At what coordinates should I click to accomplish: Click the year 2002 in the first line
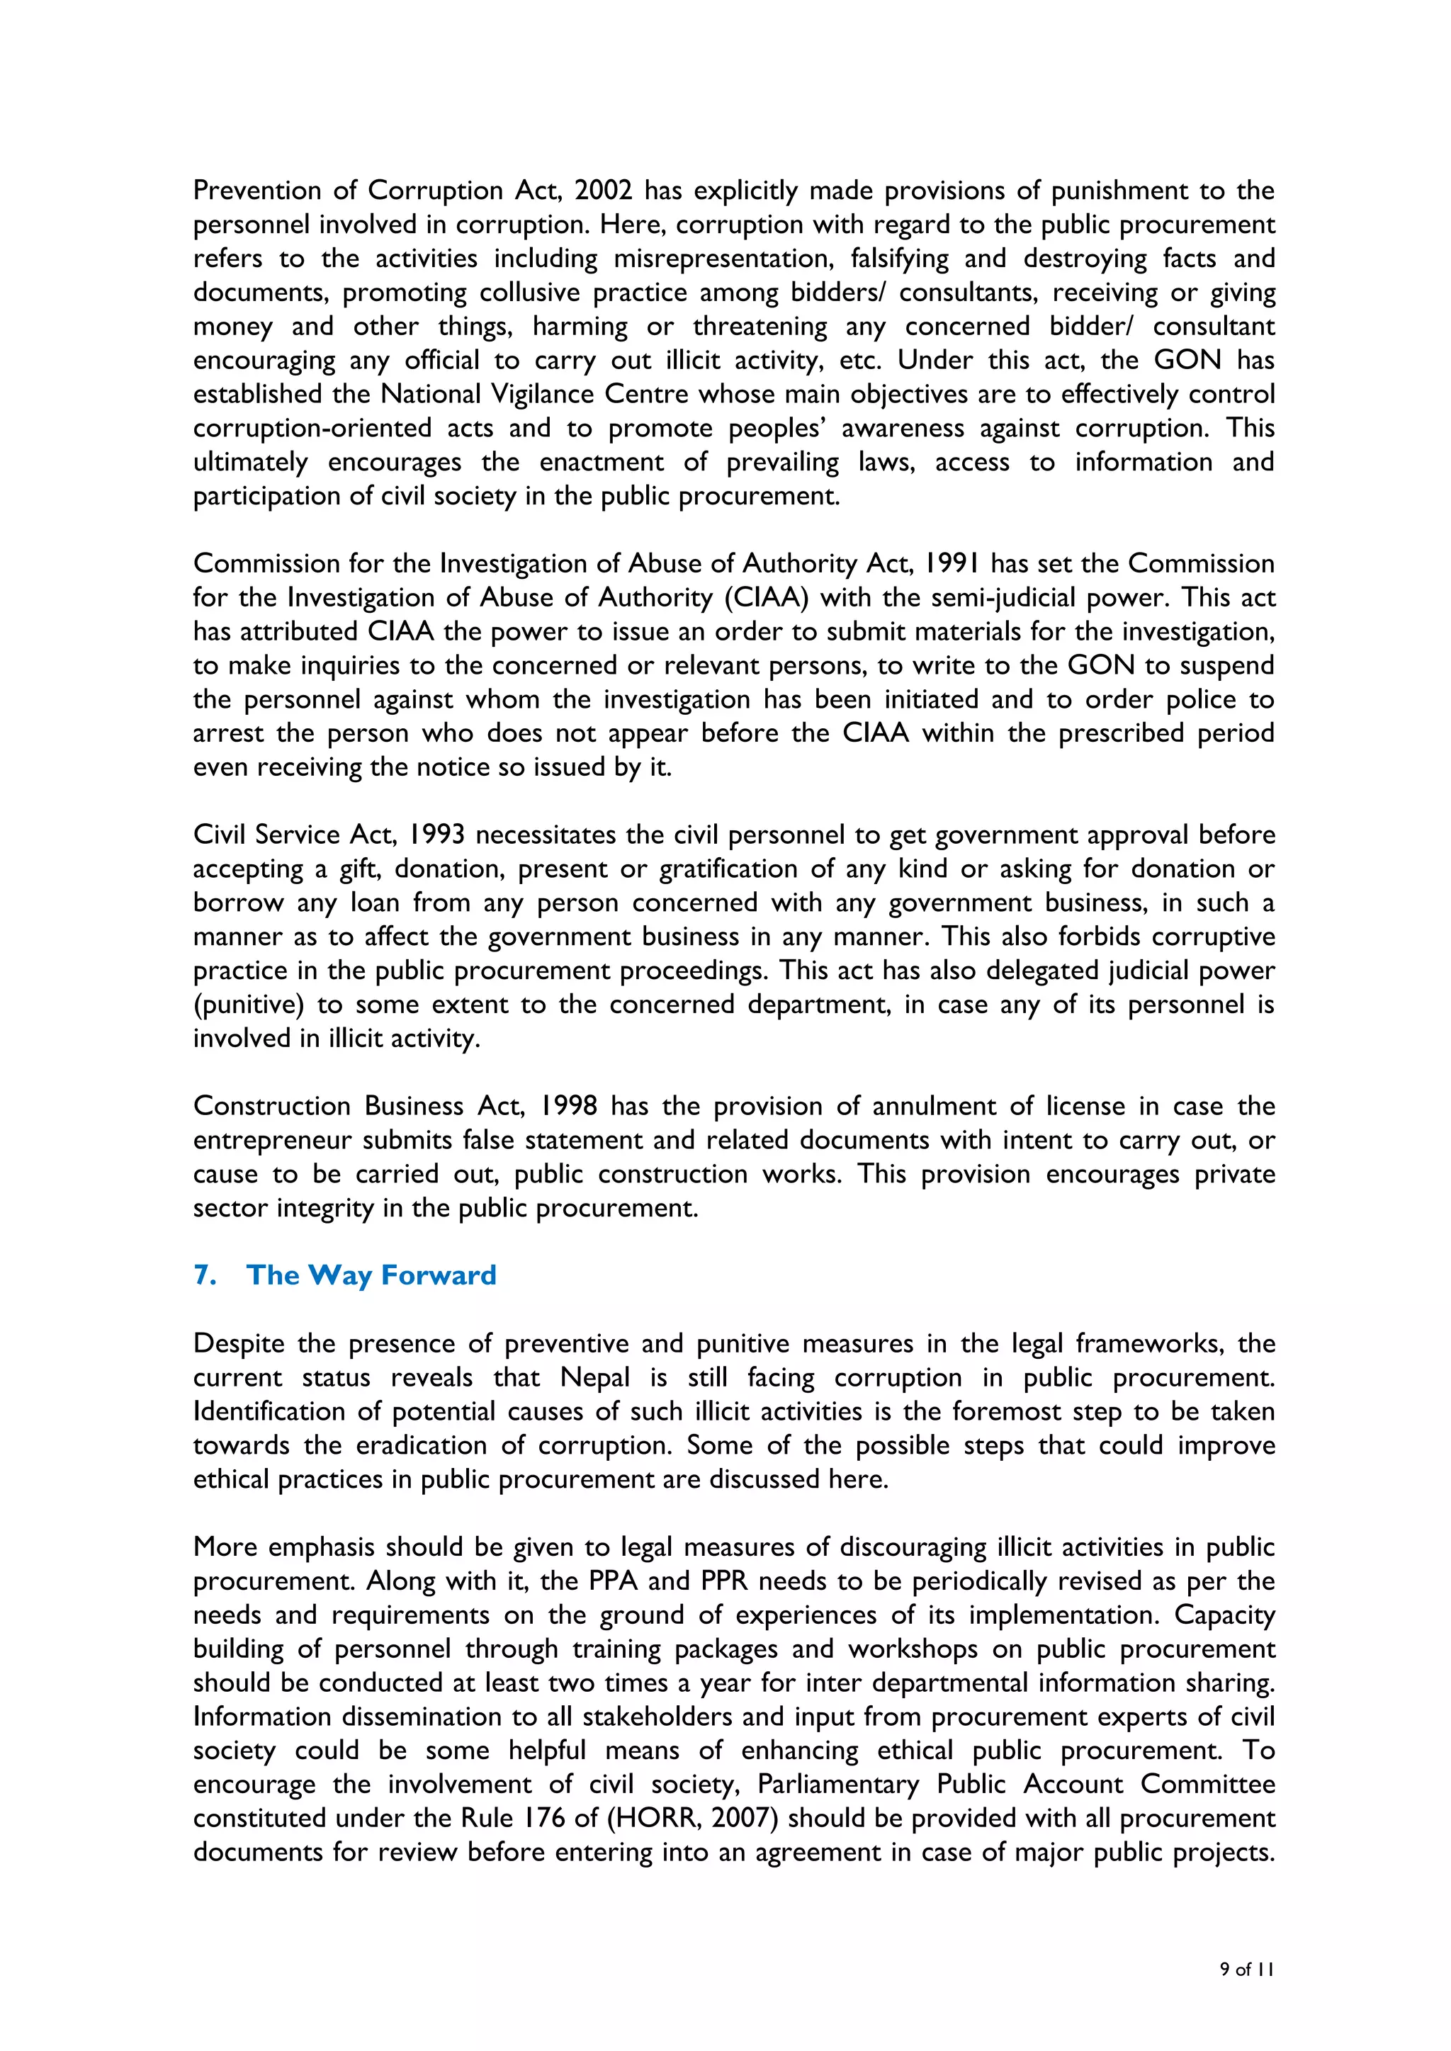pos(603,191)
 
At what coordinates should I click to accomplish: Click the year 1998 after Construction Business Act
pos(568,1106)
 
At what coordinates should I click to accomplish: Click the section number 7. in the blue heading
pos(205,1275)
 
